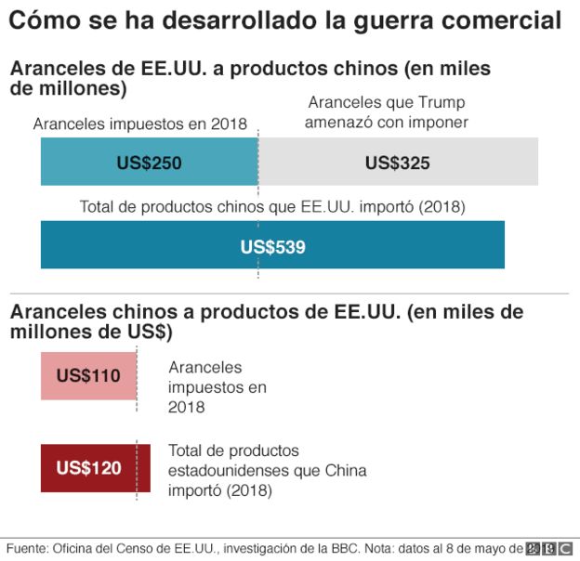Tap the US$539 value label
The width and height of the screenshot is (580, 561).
[x=272, y=247]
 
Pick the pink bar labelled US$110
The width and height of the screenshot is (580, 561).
[x=88, y=376]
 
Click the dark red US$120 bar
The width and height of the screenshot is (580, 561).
[x=88, y=468]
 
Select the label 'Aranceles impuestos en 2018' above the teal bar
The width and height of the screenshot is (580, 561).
[x=140, y=124]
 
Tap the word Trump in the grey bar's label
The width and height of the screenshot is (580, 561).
[x=441, y=102]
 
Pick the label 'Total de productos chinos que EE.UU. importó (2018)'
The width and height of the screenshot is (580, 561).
[x=272, y=206]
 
